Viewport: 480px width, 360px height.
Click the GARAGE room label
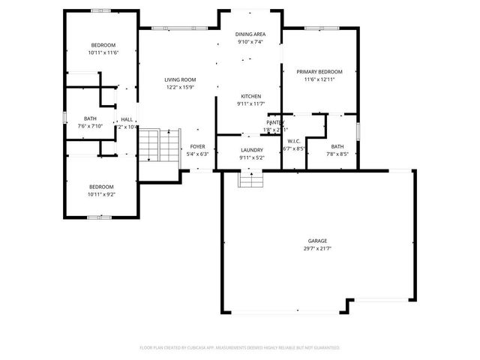click(316, 241)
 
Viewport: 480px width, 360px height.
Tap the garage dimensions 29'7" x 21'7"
click(316, 248)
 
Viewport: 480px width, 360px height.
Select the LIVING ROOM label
click(180, 79)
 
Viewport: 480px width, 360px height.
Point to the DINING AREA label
click(250, 34)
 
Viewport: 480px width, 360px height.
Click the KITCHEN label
click(250, 96)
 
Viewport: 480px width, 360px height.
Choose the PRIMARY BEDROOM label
click(319, 72)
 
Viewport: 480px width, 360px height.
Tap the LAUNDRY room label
click(251, 150)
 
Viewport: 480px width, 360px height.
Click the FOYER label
click(197, 147)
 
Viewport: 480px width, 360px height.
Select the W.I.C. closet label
click(295, 141)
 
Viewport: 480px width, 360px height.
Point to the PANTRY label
click(275, 122)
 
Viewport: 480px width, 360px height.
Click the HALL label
click(127, 119)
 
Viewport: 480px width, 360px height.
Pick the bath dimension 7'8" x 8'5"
click(337, 154)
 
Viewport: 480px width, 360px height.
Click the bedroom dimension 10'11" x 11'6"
click(102, 52)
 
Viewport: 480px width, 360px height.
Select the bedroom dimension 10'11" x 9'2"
click(101, 194)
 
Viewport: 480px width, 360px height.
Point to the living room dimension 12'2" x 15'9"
click(180, 87)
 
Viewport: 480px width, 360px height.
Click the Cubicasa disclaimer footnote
click(240, 348)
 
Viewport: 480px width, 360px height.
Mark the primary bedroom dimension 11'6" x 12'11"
click(319, 79)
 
